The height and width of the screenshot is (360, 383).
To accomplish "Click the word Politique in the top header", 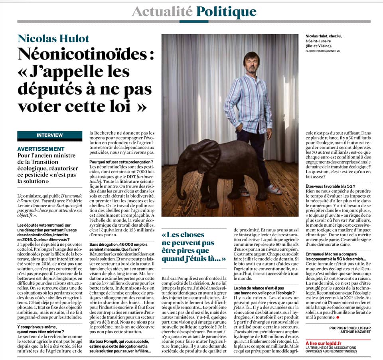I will click(x=226, y=11).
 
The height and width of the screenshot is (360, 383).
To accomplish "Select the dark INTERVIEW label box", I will click(x=49, y=135).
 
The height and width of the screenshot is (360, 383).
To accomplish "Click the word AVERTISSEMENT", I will click(x=44, y=148).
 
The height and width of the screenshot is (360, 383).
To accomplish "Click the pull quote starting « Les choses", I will click(x=188, y=246).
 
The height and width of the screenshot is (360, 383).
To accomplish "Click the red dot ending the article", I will click(x=338, y=317).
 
